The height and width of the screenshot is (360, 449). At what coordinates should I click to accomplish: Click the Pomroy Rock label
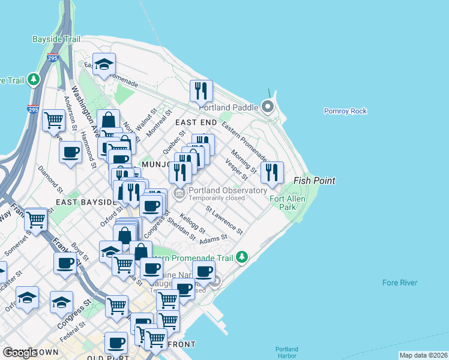pyautogui.click(x=345, y=111)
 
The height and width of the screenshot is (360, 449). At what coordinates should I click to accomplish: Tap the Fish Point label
pyautogui.click(x=314, y=181)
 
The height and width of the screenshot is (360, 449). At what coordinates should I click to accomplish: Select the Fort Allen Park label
pyautogui.click(x=288, y=203)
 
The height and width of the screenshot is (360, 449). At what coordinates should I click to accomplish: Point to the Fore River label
pyautogui.click(x=400, y=283)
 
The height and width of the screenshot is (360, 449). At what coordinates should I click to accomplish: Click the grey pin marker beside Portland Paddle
pyautogui.click(x=268, y=107)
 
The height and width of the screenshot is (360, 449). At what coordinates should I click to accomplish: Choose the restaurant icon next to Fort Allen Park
pyautogui.click(x=272, y=173)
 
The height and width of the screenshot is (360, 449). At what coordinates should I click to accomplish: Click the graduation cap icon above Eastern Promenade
pyautogui.click(x=104, y=65)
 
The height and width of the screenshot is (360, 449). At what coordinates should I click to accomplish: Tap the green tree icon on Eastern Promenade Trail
pyautogui.click(x=242, y=257)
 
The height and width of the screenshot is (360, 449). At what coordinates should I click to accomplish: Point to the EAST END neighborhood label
pyautogui.click(x=195, y=122)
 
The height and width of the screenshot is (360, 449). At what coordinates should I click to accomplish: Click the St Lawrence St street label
pyautogui.click(x=224, y=220)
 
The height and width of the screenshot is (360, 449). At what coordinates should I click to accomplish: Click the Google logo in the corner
pyautogui.click(x=20, y=353)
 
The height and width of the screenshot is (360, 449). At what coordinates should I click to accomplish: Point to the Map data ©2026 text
pyautogui.click(x=423, y=355)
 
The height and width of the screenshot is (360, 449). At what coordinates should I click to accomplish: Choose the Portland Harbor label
pyautogui.click(x=286, y=353)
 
